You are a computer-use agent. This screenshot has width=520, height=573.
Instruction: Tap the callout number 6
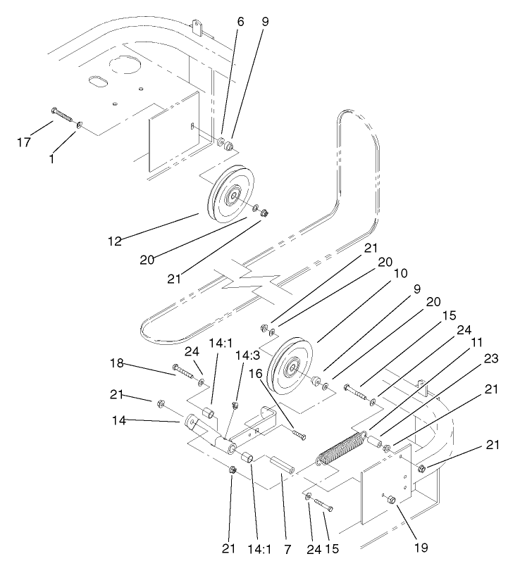[240, 22]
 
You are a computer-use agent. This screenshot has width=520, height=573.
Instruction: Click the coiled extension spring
[340, 448]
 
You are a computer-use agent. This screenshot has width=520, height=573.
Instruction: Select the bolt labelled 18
[185, 372]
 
